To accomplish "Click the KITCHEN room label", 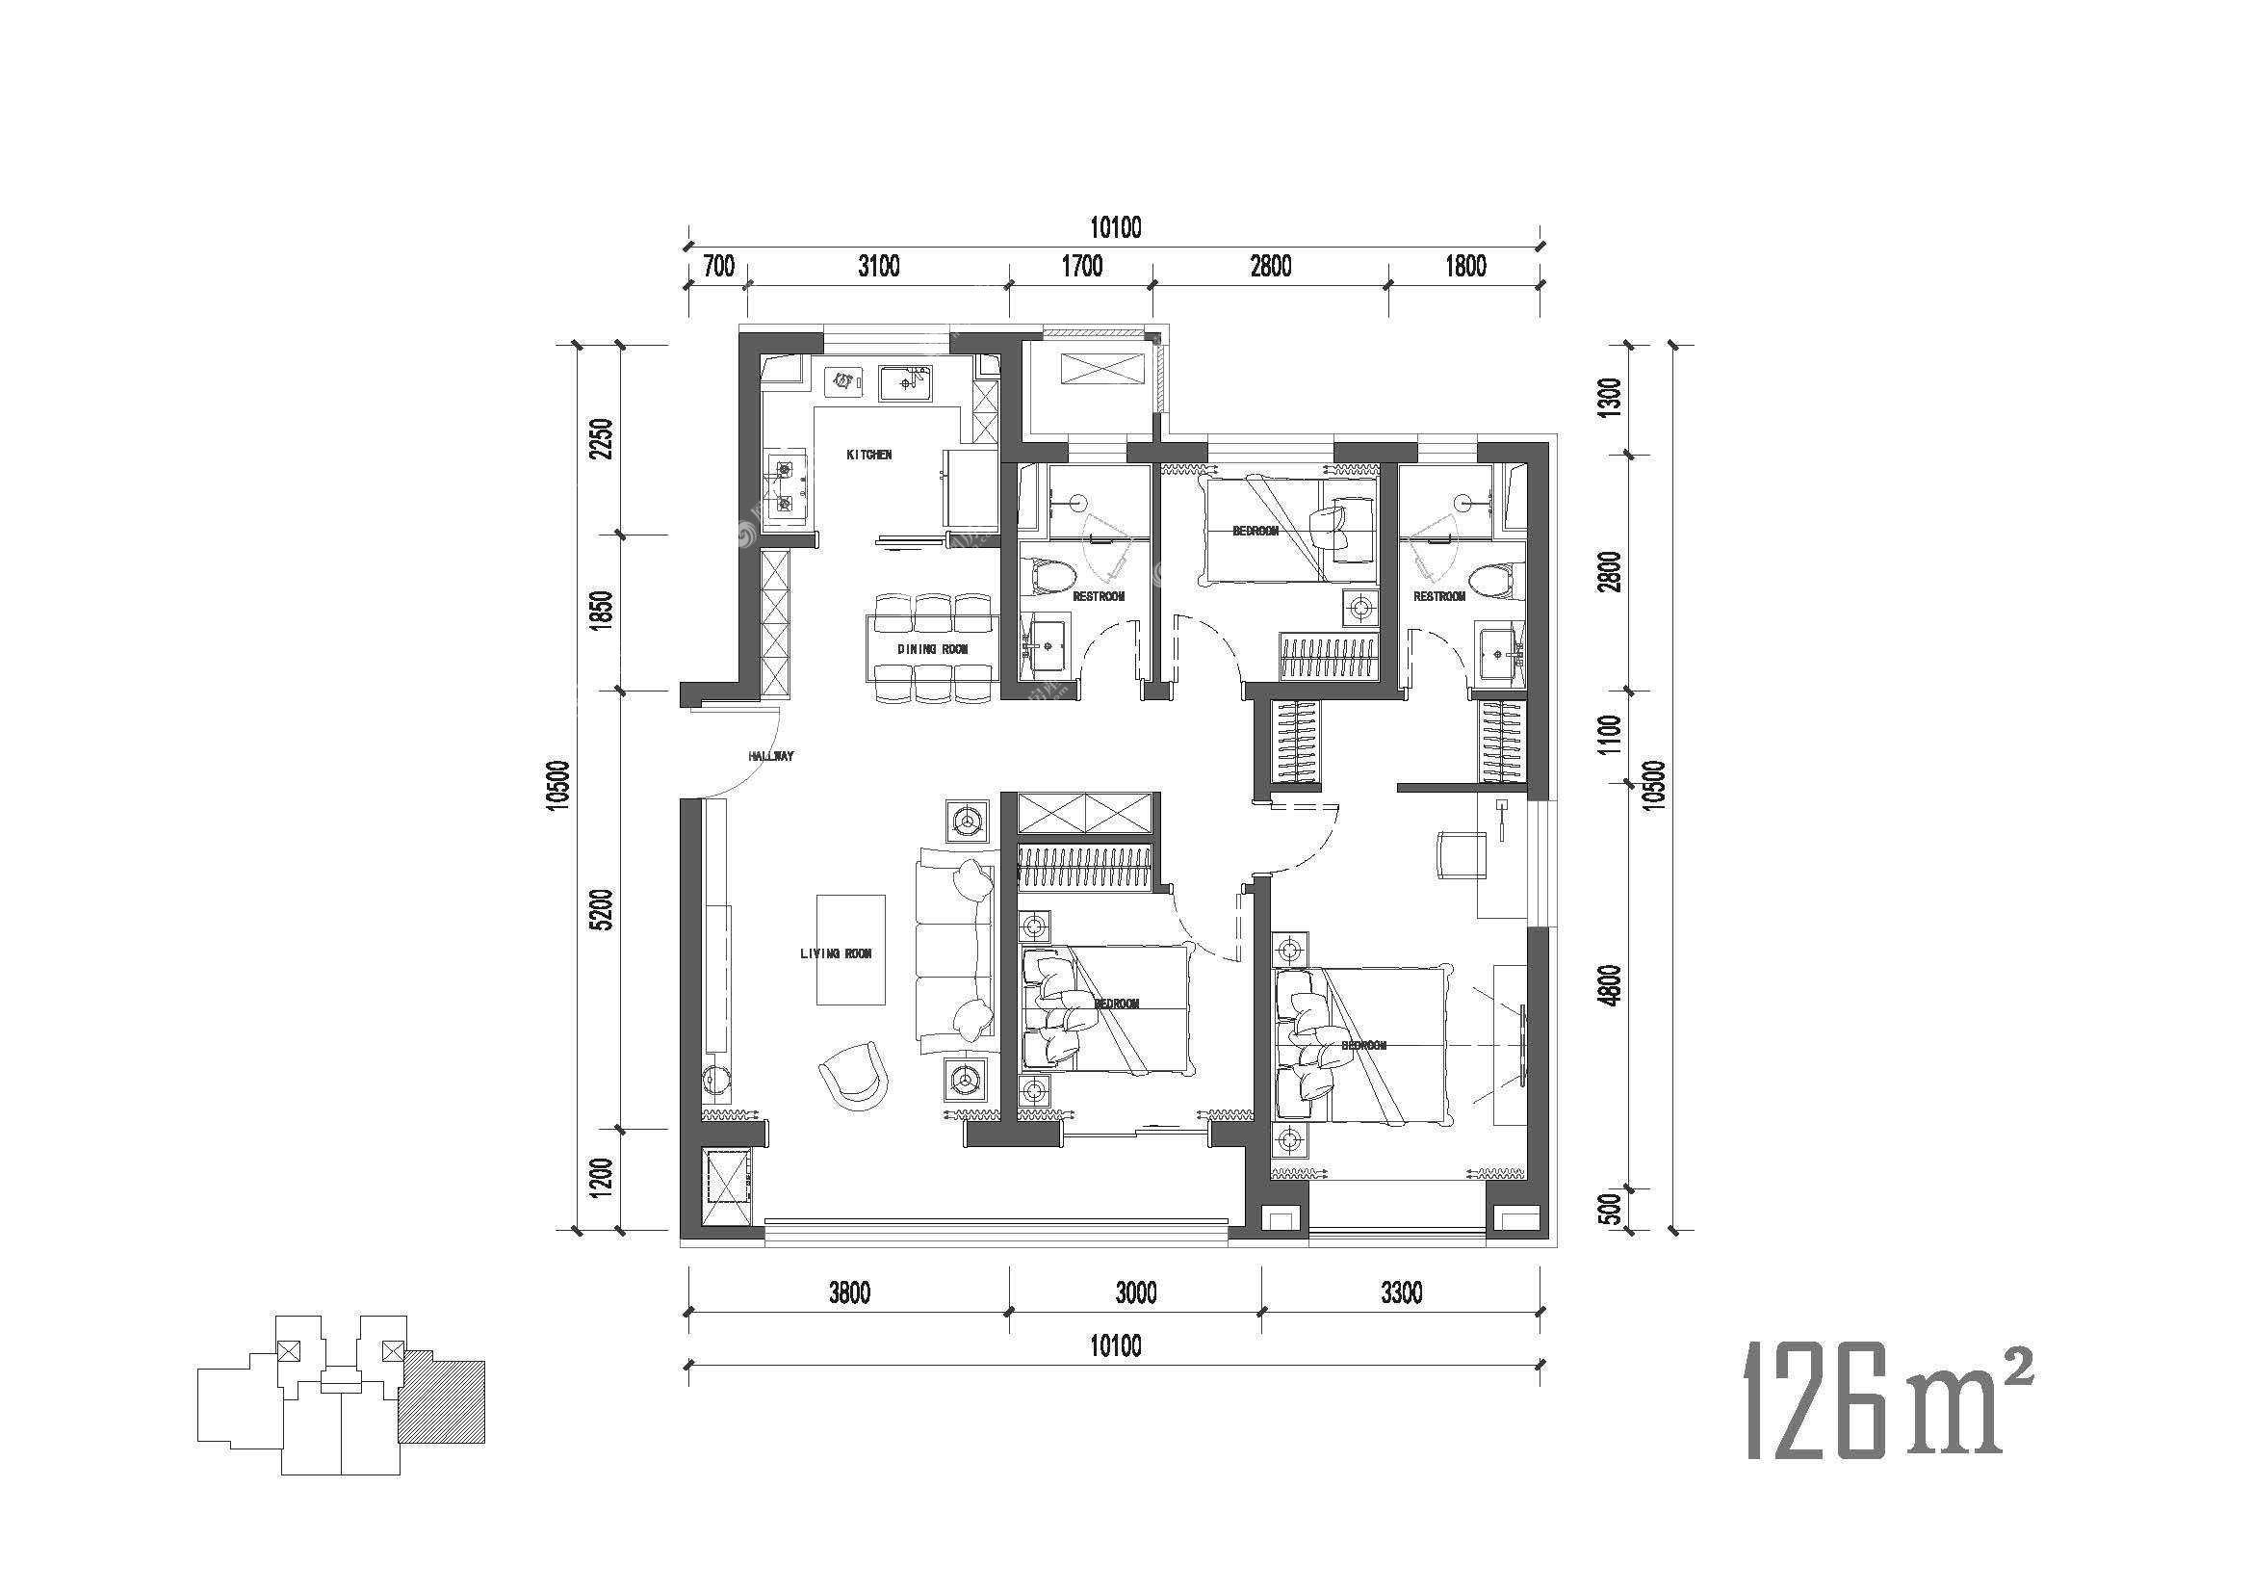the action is [869, 456].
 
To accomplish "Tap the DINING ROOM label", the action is [933, 649].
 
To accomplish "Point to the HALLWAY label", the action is [770, 756].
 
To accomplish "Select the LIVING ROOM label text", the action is [836, 953].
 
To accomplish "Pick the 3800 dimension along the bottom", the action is [849, 1292].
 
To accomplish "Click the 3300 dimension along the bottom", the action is [1401, 1292].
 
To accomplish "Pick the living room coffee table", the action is [851, 950].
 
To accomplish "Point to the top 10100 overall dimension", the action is [1115, 227].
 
